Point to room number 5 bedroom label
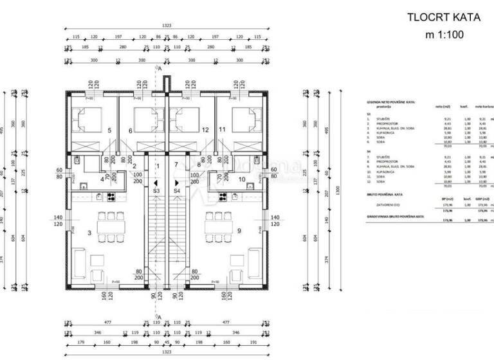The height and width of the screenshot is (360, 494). click(x=109, y=130)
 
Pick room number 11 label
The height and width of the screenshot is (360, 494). click(x=223, y=130)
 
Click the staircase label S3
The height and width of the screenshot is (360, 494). click(x=156, y=191)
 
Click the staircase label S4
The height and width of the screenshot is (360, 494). click(x=177, y=191)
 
